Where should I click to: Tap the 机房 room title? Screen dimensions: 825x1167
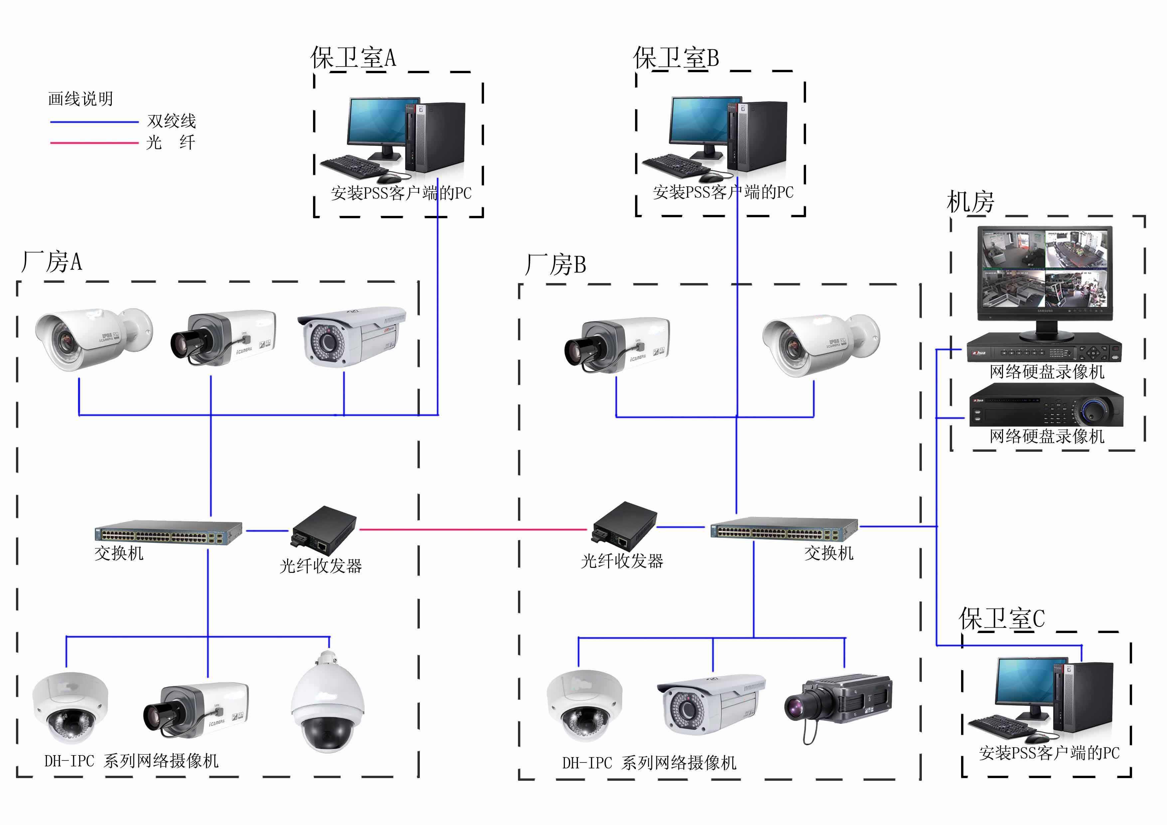(x=970, y=202)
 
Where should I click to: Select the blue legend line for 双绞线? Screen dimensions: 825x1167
(x=94, y=122)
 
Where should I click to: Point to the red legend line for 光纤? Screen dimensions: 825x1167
(x=94, y=143)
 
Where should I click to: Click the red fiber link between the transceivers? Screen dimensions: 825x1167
(x=473, y=530)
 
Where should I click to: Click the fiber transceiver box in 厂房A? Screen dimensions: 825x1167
(x=324, y=530)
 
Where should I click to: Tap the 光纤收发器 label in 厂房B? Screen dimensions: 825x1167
(x=622, y=561)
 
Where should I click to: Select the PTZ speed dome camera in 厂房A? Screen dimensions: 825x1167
(x=327, y=704)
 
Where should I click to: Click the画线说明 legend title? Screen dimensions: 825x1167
(x=80, y=98)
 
